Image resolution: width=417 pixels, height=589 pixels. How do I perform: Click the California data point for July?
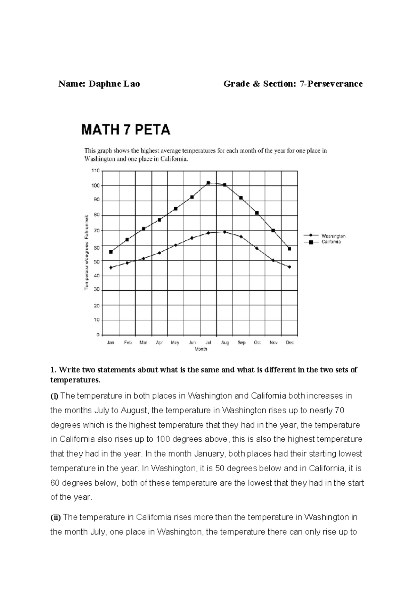point(208,183)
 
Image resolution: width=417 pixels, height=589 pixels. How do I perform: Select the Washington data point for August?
point(224,232)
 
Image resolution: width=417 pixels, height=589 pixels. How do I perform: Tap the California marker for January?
point(111,252)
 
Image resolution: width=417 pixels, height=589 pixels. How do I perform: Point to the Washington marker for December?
point(289,267)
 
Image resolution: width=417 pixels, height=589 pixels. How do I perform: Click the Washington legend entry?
point(333,236)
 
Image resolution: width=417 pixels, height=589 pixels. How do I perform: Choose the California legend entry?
point(331,242)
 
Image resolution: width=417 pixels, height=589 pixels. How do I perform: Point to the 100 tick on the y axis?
point(96,186)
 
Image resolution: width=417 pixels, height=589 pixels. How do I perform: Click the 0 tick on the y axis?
point(98,335)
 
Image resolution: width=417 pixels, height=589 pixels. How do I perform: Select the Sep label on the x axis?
point(242,342)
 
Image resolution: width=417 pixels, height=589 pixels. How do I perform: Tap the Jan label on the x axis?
point(111,342)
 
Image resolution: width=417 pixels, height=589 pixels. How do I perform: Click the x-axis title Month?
point(201,349)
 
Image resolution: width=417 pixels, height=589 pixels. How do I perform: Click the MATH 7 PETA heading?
point(126,130)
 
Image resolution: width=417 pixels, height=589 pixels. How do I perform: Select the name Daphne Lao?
point(114,84)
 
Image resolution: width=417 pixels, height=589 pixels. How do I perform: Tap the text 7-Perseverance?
point(331,84)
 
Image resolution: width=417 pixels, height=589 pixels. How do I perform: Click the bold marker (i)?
point(55,396)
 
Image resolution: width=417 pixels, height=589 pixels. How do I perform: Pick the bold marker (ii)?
point(56,517)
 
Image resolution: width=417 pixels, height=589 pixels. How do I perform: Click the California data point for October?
point(257,213)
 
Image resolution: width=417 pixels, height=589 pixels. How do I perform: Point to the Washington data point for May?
point(176,245)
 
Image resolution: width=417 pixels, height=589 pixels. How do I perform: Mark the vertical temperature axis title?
point(86,252)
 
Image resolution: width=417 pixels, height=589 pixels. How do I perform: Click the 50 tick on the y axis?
point(97,261)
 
